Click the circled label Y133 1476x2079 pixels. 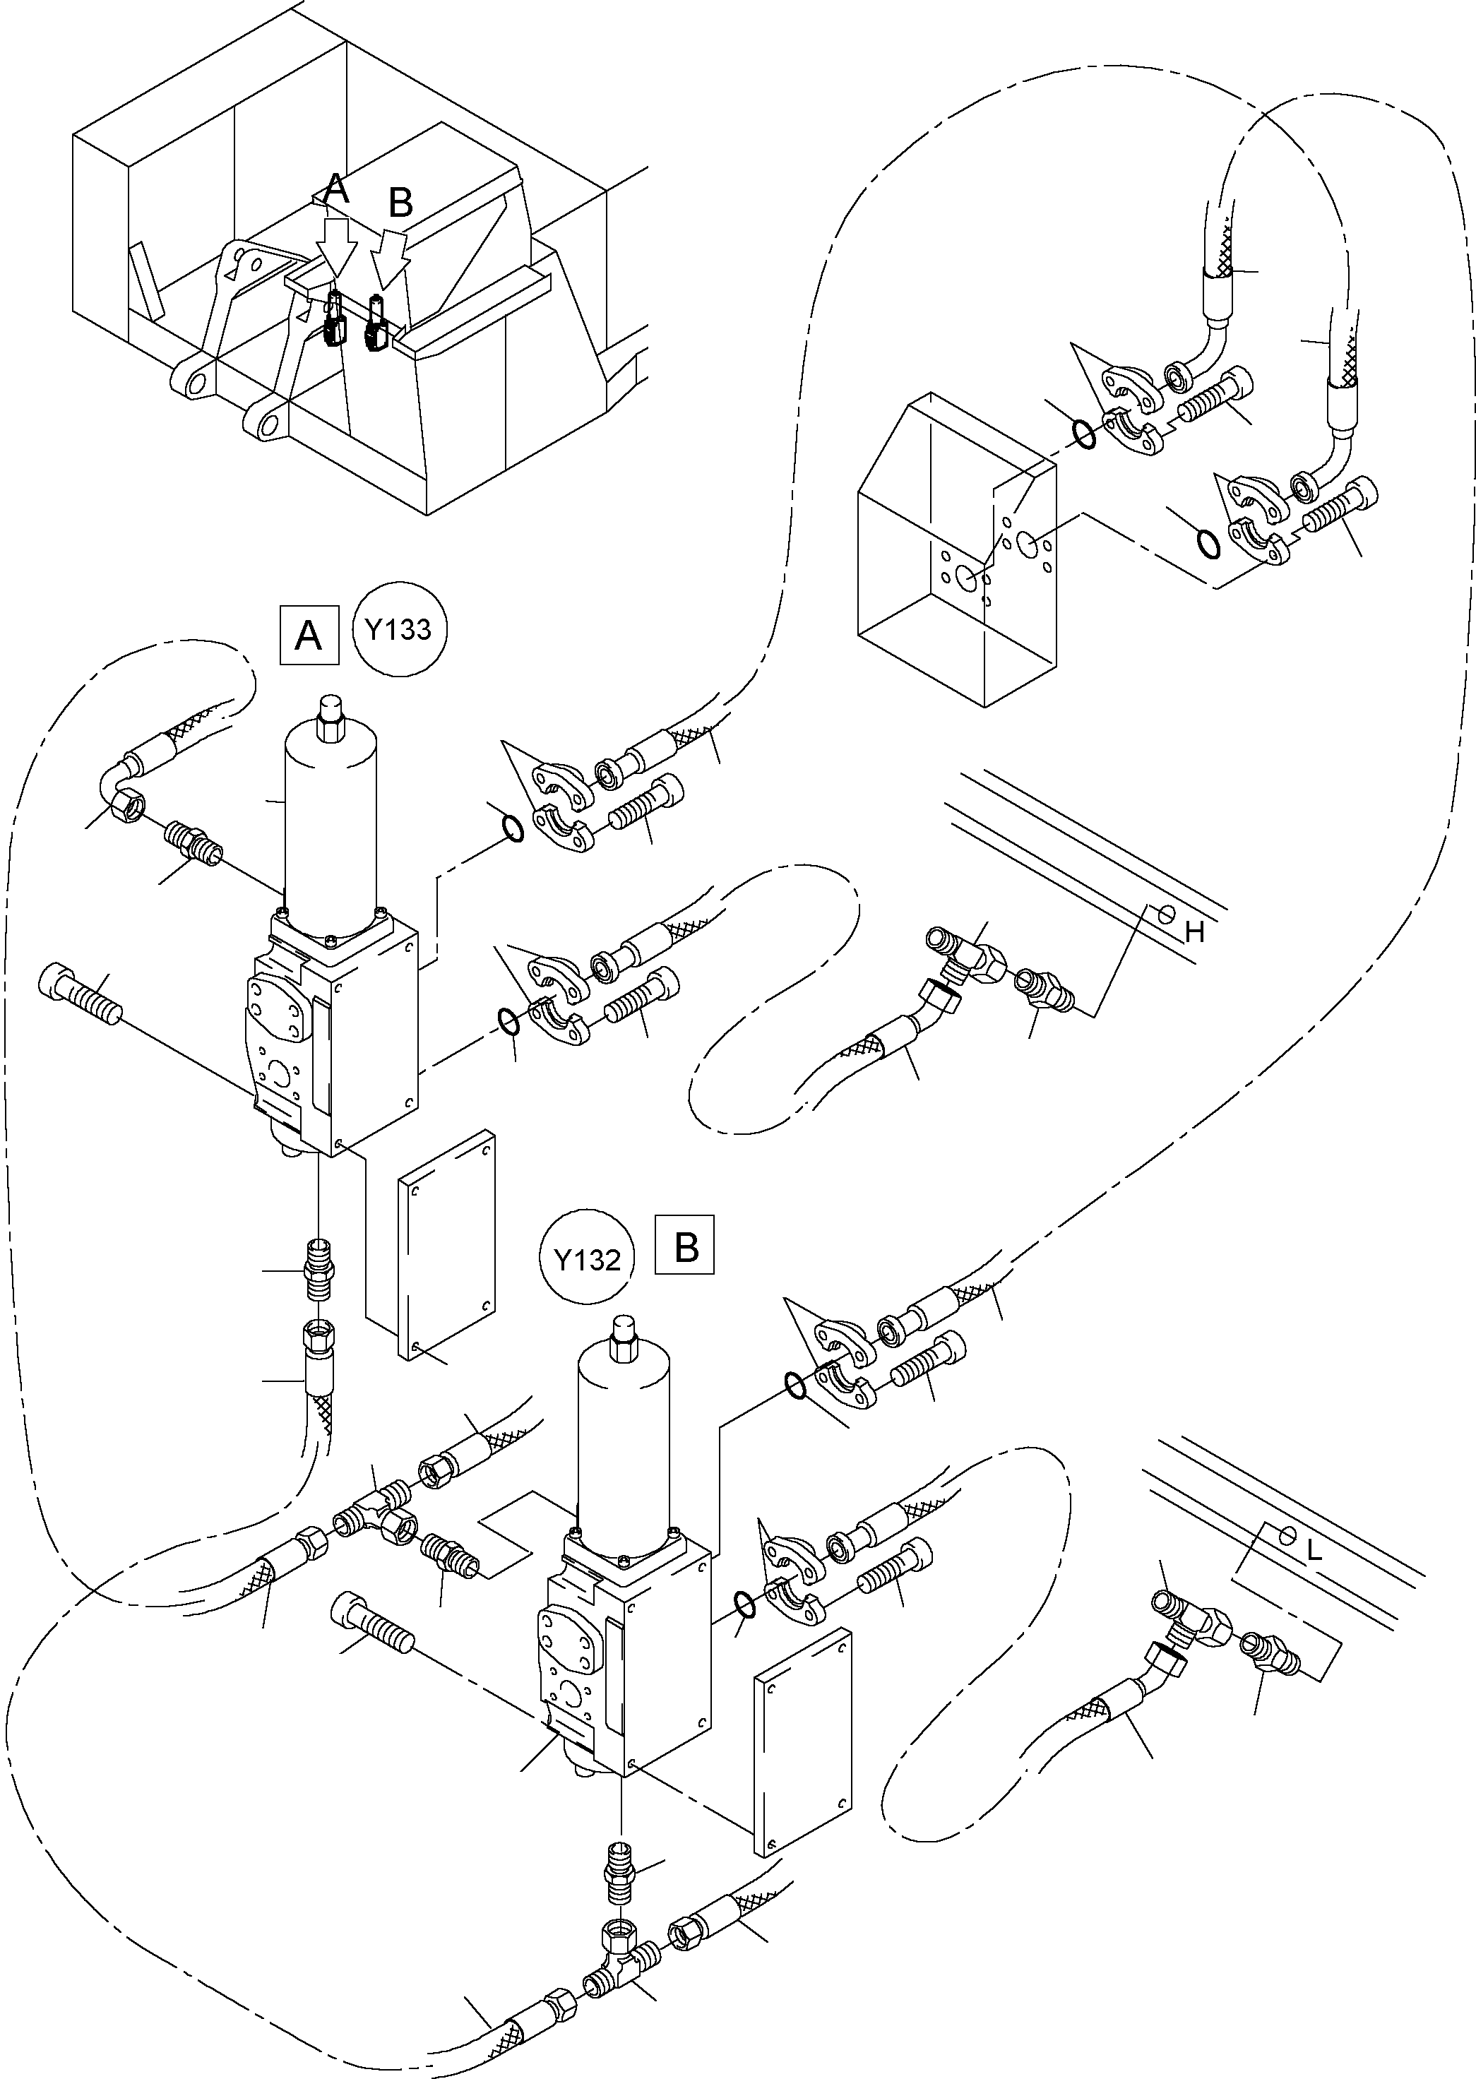(x=399, y=630)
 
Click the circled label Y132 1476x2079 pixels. (x=586, y=1259)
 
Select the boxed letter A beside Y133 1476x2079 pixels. (x=309, y=634)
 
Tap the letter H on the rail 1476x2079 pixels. (x=1194, y=931)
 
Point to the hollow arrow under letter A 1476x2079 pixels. (x=335, y=245)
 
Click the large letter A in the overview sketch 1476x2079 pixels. (x=336, y=190)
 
